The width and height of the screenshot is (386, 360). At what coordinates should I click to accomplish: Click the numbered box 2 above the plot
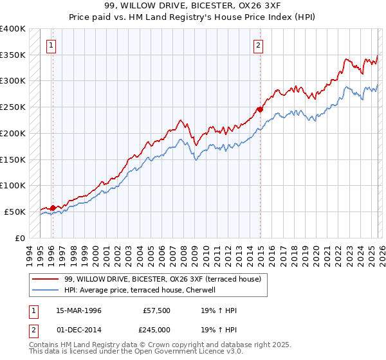(x=258, y=45)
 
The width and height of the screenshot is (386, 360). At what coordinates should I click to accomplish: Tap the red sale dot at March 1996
(x=53, y=207)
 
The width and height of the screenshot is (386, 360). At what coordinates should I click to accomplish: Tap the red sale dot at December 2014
(x=261, y=109)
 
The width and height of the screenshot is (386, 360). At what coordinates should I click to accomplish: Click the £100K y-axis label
(x=12, y=185)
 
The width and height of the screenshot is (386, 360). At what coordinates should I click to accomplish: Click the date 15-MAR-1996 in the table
(x=78, y=310)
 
